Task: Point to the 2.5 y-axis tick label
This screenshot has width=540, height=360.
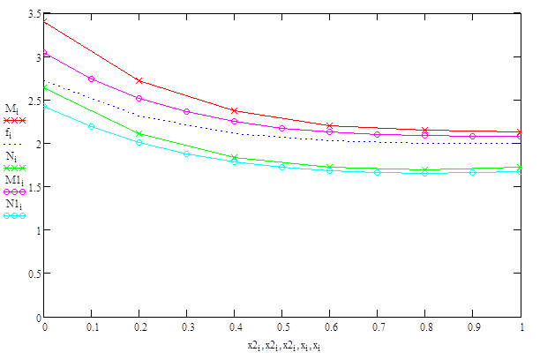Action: [x=35, y=101]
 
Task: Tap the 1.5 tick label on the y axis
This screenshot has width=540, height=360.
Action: [x=35, y=187]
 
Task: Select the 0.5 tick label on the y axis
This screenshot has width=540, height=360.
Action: [x=35, y=273]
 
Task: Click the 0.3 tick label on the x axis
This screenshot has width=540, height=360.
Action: [x=186, y=326]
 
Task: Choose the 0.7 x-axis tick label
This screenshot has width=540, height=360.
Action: [x=377, y=326]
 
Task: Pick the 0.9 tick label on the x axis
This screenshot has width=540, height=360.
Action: [x=472, y=326]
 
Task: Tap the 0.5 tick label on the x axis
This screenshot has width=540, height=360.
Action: [x=281, y=326]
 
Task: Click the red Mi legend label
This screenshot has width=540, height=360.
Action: [x=11, y=109]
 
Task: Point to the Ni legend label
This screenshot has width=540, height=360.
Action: [x=11, y=156]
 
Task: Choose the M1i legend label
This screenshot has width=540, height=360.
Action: [x=13, y=181]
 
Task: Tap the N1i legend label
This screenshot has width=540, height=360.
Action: [x=13, y=205]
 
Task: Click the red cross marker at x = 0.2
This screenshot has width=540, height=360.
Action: [x=139, y=81]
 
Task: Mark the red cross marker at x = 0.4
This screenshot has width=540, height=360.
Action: [x=235, y=111]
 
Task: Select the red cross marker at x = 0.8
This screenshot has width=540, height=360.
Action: [x=425, y=131]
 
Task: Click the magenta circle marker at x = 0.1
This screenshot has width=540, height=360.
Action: [x=92, y=79]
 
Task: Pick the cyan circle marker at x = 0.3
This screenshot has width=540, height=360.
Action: [x=186, y=154]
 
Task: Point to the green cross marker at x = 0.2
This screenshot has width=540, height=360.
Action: [x=139, y=134]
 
